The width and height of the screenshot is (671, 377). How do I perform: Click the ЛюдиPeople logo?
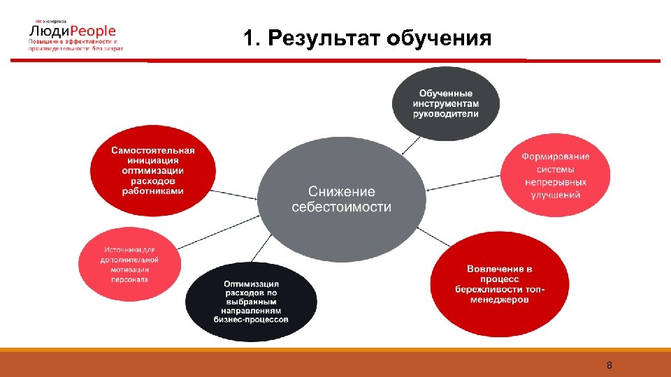[73, 31]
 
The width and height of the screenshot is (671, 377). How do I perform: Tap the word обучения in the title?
[445, 38]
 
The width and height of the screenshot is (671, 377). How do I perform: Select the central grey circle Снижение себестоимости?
[342, 199]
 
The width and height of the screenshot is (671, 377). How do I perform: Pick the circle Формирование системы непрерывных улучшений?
[555, 175]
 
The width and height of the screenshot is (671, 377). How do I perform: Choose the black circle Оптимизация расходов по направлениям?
[251, 301]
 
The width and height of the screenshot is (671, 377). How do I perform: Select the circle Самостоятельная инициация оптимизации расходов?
[152, 170]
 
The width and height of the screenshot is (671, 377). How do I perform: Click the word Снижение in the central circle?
[342, 191]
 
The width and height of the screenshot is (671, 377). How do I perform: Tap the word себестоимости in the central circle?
[342, 207]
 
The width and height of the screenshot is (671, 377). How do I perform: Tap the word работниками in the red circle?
[152, 191]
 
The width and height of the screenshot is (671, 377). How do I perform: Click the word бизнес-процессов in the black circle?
[251, 320]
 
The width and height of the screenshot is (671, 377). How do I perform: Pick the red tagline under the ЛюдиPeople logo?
[75, 45]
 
